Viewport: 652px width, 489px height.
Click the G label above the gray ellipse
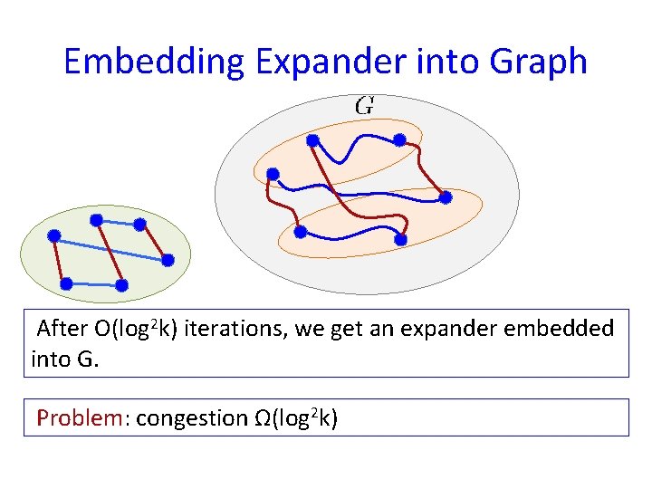[x=365, y=105]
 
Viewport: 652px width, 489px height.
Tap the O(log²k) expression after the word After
[x=145, y=328]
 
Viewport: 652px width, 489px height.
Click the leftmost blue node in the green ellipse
[x=54, y=235]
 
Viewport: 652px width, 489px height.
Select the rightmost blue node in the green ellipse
[x=168, y=260]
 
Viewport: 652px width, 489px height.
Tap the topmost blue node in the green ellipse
[x=96, y=219]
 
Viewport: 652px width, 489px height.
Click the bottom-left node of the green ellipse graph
[x=66, y=283]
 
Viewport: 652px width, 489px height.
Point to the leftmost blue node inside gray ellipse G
[x=273, y=174]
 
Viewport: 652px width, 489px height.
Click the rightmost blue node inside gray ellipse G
[x=446, y=197]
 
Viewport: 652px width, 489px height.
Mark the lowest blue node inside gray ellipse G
[x=401, y=240]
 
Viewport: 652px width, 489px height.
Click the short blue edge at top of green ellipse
[x=118, y=221]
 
